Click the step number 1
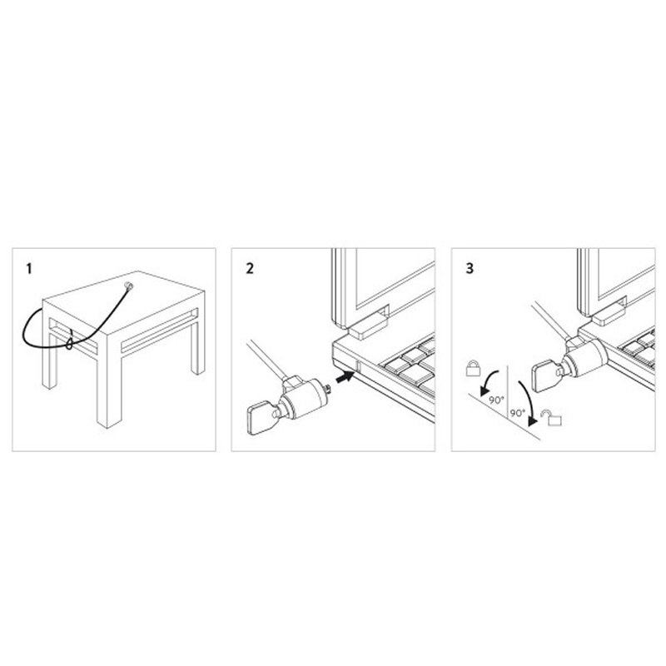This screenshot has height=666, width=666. click(31, 269)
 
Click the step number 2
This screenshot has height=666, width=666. click(250, 269)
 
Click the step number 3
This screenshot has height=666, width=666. click(470, 269)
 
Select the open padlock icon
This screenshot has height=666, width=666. click(548, 415)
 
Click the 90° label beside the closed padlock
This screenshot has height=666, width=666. click(496, 399)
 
